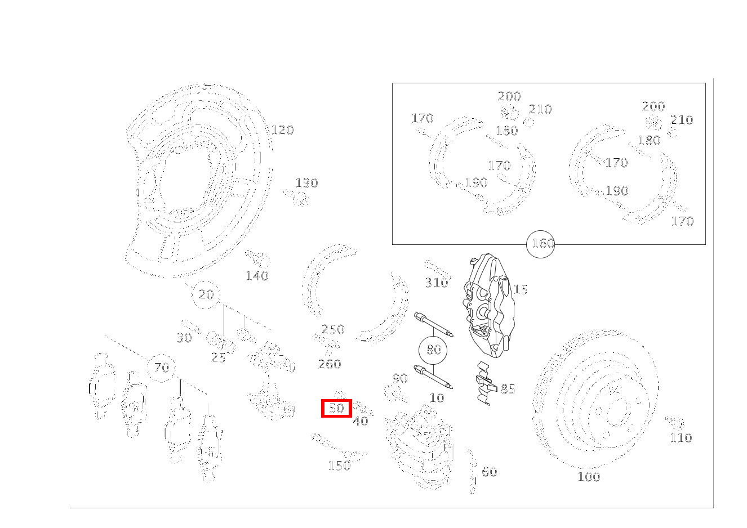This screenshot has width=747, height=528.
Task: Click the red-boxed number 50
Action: pyautogui.click(x=336, y=408)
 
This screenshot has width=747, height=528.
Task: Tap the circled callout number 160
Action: pyautogui.click(x=541, y=244)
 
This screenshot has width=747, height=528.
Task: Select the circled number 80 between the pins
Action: pyautogui.click(x=433, y=350)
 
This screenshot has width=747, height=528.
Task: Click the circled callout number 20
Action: pyautogui.click(x=206, y=294)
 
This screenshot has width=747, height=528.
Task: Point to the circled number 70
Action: pyautogui.click(x=162, y=368)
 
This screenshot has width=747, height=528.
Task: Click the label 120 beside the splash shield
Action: pyautogui.click(x=282, y=130)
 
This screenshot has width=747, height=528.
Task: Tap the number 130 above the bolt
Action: pyautogui.click(x=307, y=183)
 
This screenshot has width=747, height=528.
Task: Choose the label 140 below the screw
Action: pyautogui.click(x=257, y=276)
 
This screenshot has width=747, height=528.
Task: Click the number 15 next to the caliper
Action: pyautogui.click(x=521, y=289)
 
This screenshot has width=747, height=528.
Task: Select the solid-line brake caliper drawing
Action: pyautogui.click(x=489, y=305)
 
